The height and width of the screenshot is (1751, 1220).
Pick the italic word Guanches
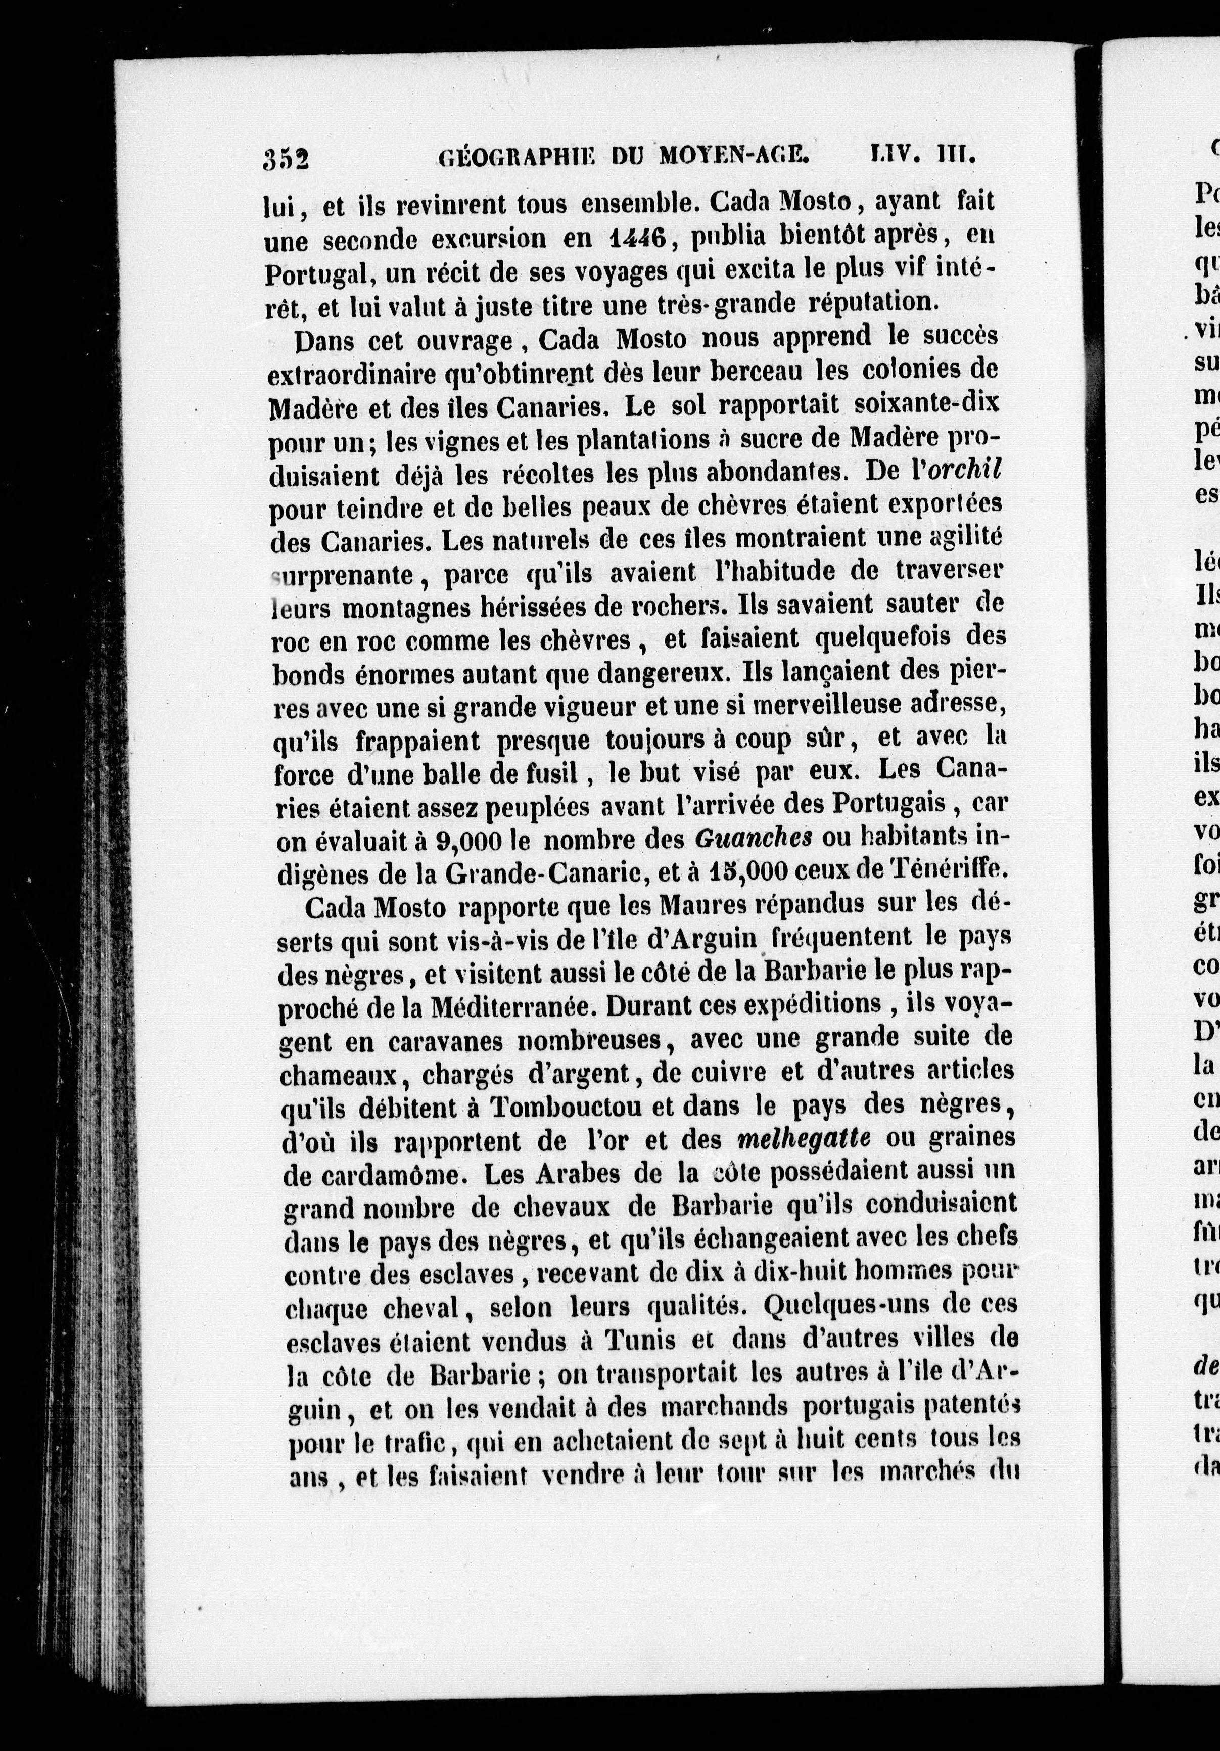(x=752, y=838)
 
